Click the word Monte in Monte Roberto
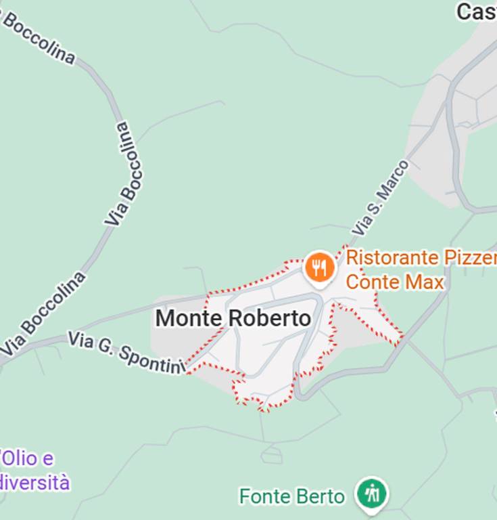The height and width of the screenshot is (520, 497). [186, 318]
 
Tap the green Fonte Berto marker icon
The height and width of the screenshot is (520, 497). [372, 494]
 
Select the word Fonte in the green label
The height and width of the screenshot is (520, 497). [264, 497]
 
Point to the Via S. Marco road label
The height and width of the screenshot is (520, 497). [380, 198]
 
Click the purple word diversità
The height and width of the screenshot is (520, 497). [34, 482]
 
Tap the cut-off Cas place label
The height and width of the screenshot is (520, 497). [476, 12]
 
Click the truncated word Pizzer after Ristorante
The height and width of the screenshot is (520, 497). [470, 258]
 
